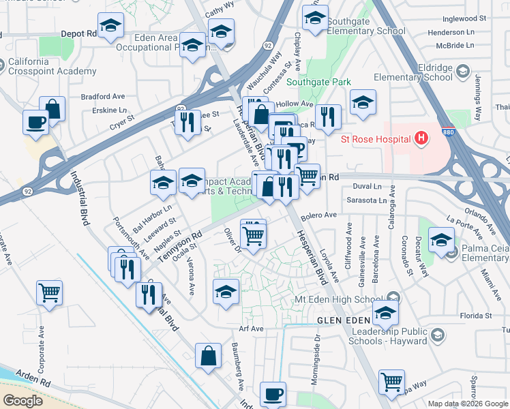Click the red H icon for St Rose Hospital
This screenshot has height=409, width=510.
coord(421,139)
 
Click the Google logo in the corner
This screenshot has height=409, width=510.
coord(23,400)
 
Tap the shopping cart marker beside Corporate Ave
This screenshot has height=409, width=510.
coord(50,294)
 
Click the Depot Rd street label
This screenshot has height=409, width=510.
coord(79,33)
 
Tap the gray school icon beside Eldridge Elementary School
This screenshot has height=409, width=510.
coord(462,72)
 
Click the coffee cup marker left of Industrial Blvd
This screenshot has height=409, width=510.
coord(35,123)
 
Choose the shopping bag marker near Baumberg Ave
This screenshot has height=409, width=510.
coord(208,355)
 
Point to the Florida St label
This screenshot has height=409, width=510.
coord(475,316)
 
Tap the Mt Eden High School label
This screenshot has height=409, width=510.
coord(348,299)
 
